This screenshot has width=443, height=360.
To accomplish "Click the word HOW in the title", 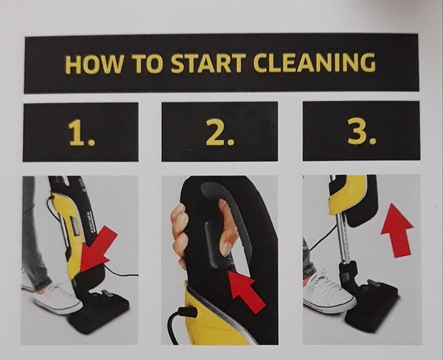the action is point(95,64).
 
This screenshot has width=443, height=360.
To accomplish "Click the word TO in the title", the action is point(147,63).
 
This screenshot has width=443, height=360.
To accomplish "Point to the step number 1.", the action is point(82,132).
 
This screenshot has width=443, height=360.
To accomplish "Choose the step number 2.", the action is point(220,131).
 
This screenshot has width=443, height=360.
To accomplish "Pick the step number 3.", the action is point(362,131).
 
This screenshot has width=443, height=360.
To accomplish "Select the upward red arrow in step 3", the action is point(396,229).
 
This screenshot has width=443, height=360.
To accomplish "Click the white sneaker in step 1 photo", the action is point(57,299).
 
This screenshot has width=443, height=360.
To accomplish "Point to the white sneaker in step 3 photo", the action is point(329,294).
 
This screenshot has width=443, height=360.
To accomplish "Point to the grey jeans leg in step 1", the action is point(34,235).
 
